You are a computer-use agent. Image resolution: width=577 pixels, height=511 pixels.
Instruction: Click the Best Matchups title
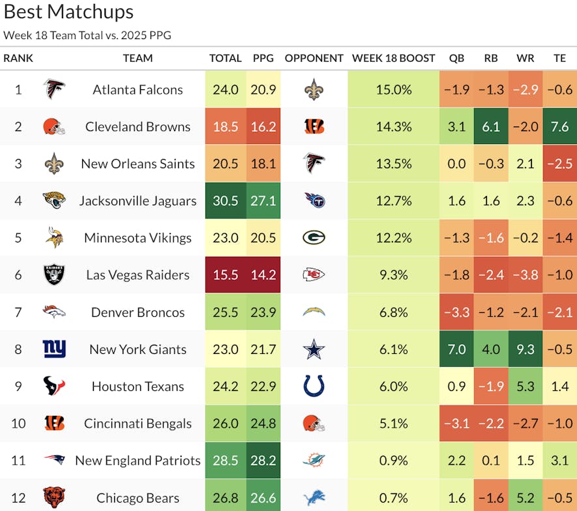point(68,12)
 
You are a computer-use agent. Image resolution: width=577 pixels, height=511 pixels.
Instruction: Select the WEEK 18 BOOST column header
point(393,58)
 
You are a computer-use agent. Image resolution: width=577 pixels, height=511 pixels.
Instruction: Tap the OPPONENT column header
point(314,58)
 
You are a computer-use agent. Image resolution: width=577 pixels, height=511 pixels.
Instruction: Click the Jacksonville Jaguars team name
point(138,201)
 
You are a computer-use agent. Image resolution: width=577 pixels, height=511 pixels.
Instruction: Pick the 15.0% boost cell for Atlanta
point(393,90)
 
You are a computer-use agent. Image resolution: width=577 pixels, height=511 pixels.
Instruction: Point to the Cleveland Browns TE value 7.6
point(559,126)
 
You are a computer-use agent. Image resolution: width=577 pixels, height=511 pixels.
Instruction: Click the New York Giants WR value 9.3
point(525,349)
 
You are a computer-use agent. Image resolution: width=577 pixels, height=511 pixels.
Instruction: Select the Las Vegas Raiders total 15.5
point(225,275)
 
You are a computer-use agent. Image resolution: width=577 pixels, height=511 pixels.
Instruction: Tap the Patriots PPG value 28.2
point(263,461)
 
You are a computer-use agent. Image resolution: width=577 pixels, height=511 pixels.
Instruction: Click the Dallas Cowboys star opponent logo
point(314,349)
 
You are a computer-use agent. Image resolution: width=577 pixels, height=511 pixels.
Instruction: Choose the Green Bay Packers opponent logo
point(314,238)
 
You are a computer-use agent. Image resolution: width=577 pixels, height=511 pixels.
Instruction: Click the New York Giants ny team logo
point(54,349)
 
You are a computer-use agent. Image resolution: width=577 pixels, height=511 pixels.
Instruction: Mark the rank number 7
point(18,312)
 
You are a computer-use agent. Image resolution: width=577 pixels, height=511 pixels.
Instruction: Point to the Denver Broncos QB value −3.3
point(456,312)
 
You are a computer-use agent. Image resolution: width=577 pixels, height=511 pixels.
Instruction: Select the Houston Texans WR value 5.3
point(525,387)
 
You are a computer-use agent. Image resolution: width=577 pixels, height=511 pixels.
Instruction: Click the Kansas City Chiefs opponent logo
point(314,275)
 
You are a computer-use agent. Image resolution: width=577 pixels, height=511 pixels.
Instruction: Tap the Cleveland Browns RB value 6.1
point(491,126)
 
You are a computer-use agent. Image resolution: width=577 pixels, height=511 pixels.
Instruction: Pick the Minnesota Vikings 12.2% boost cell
point(393,238)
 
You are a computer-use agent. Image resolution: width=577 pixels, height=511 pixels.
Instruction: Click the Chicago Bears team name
point(138,498)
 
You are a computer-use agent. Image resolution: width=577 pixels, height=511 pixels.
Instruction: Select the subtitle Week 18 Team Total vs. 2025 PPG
point(87,35)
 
